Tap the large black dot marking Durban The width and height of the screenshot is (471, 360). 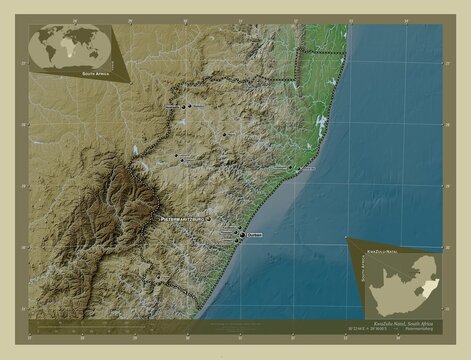tap(238, 238)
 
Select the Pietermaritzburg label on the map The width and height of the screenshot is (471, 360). tap(180, 217)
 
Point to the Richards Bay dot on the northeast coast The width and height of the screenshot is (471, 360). tap(292, 166)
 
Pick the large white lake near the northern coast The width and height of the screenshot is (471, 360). tap(321, 124)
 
